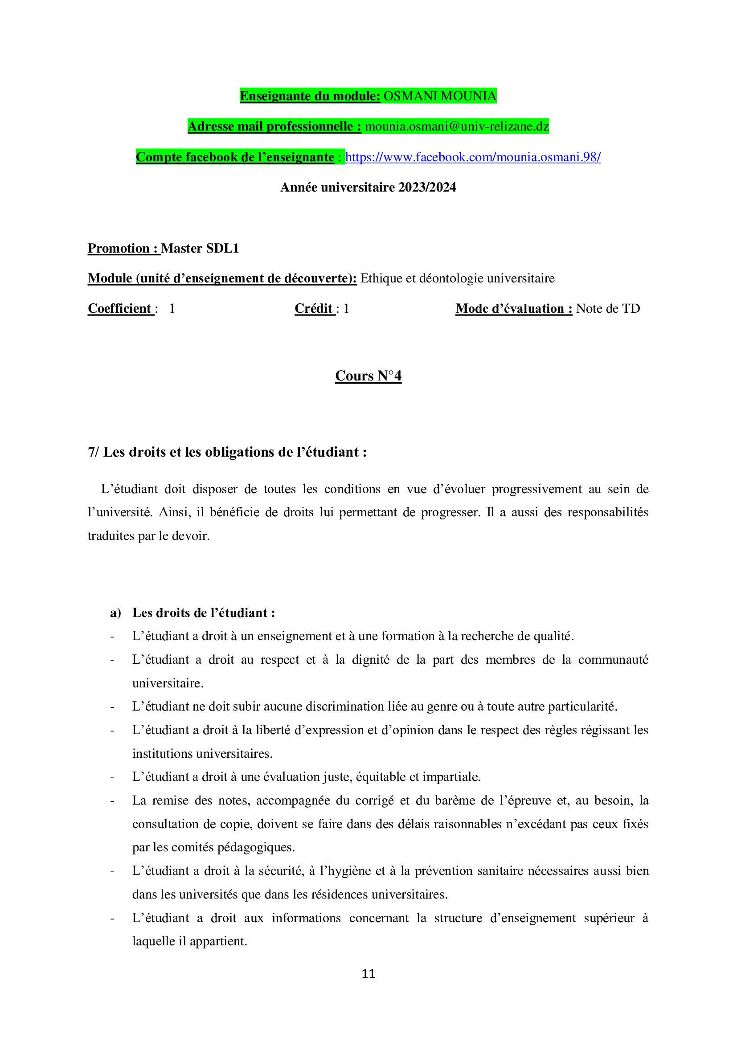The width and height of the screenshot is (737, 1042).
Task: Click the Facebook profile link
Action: tap(472, 157)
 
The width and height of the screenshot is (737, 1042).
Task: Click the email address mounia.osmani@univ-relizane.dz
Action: tap(457, 126)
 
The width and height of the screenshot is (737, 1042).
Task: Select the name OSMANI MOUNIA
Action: tap(440, 96)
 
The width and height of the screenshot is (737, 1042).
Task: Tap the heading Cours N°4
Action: tap(368, 376)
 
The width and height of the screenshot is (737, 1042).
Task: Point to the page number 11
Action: tap(368, 973)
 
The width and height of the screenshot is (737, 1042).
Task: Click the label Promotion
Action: tap(119, 248)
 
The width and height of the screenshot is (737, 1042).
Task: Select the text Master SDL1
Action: tap(200, 248)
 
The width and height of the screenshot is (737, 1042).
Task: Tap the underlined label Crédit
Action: tap(314, 309)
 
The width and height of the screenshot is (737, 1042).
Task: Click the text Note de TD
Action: tap(608, 309)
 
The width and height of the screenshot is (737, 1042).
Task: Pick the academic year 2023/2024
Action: tap(426, 188)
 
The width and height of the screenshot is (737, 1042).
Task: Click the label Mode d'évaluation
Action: tap(513, 309)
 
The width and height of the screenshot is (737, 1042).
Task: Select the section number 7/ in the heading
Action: tap(93, 452)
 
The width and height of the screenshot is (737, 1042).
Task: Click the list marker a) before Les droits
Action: tap(115, 613)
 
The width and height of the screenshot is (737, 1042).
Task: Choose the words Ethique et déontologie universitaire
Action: tap(457, 278)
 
